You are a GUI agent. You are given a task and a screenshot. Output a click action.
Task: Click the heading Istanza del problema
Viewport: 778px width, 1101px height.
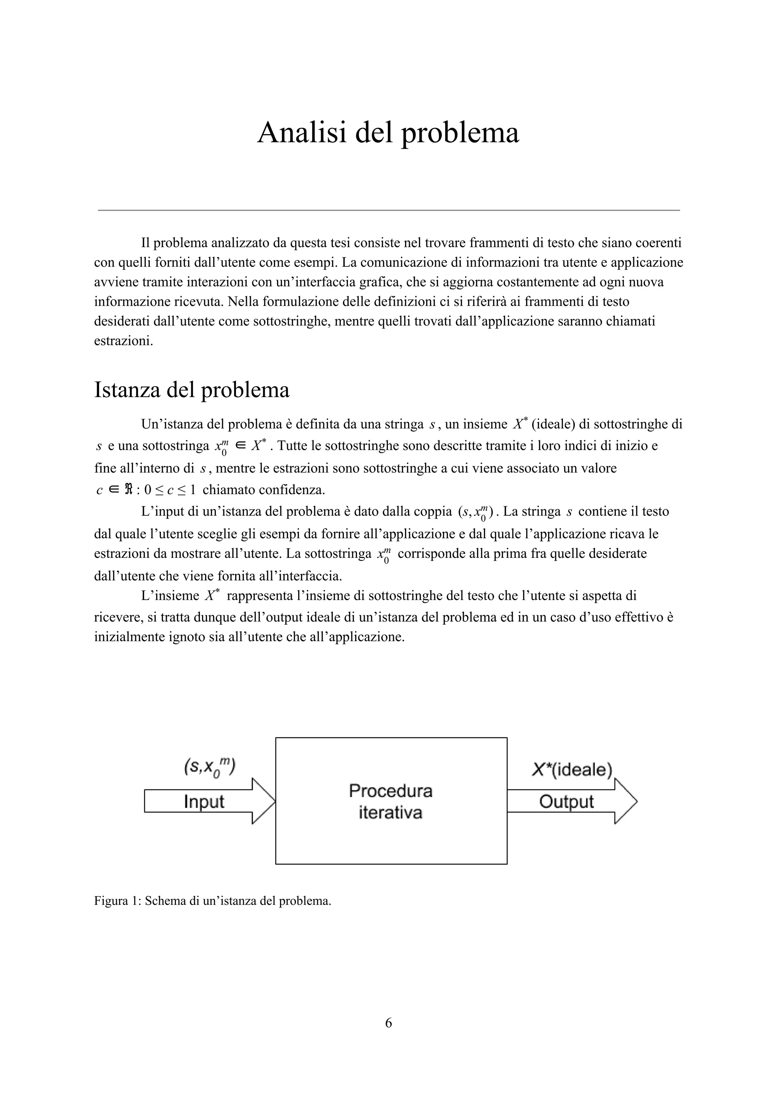[x=192, y=390]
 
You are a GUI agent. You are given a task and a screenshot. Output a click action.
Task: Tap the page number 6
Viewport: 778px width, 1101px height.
[x=388, y=1023]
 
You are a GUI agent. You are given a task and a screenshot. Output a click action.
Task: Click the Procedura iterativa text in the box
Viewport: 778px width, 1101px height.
[x=391, y=801]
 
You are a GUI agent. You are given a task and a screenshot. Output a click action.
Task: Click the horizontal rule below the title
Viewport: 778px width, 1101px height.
[x=388, y=210]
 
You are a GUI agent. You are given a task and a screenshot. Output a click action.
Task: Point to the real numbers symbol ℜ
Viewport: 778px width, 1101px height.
[x=128, y=490]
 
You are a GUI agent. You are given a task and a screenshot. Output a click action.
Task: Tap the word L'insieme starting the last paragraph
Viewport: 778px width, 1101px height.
[x=170, y=596]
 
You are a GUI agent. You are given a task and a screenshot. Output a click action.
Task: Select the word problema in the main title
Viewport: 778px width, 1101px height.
[x=460, y=133]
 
